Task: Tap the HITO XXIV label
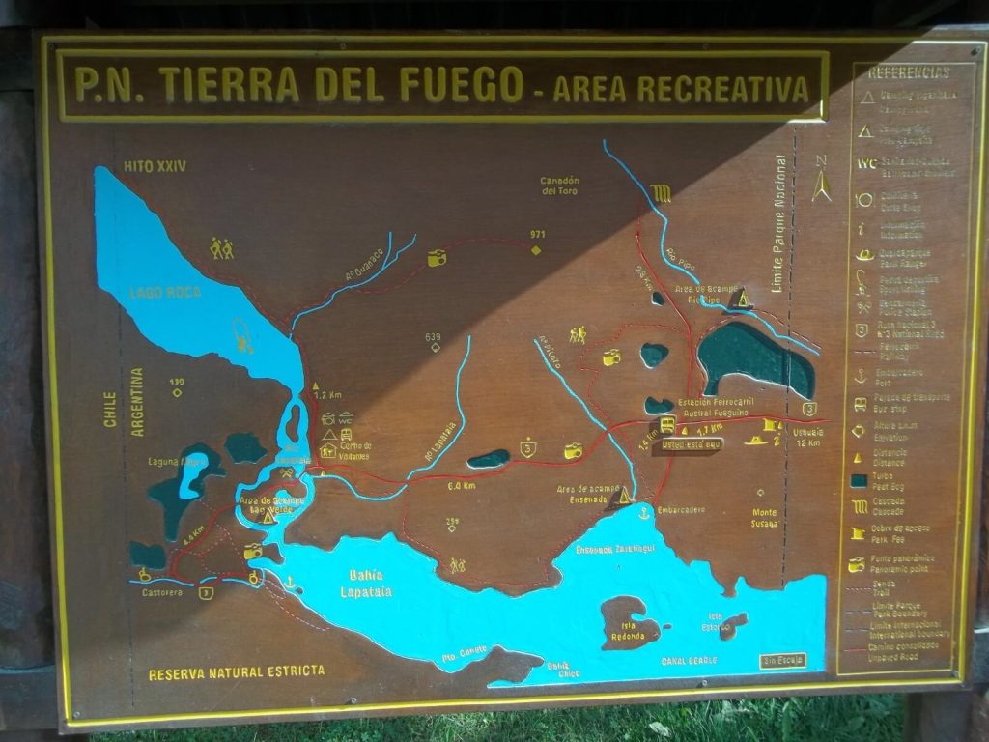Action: coord(154,166)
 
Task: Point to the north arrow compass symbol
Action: coord(821,180)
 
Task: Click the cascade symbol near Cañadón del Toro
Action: coord(661,193)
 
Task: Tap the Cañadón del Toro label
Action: coord(559,185)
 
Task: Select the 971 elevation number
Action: coord(538,235)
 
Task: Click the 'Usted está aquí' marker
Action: coord(692,445)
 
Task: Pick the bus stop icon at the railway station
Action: coord(666,424)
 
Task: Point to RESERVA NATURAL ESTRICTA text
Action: coord(237,671)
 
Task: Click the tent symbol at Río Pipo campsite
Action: coord(742,300)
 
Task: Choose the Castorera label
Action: coord(157,588)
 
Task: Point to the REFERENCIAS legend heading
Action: coord(909,72)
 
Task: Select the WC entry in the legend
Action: coord(866,162)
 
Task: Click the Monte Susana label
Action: coord(764,519)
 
